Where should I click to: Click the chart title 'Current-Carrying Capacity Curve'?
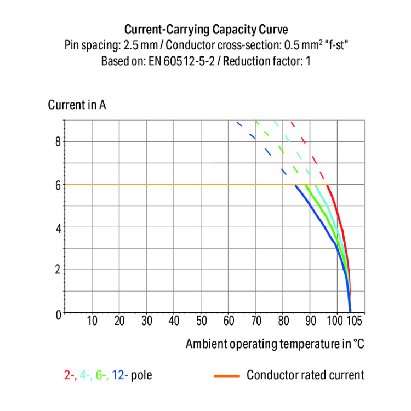point(206,29)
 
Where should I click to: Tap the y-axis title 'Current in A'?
point(77,105)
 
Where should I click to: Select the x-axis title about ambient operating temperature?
point(275,344)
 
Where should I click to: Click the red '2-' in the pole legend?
point(70,375)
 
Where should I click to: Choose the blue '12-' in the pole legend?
point(120,375)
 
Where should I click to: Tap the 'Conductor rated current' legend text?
point(305,375)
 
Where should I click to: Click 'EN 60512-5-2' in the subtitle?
point(175,61)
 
